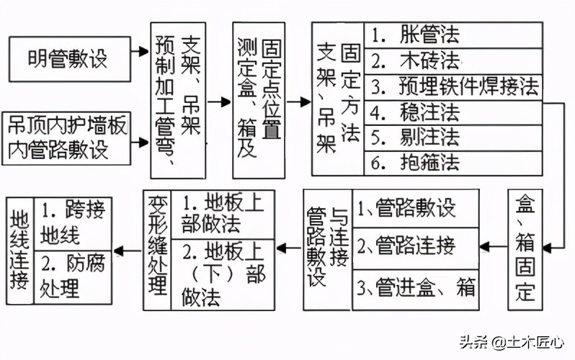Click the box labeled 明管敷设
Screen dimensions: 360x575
(x=68, y=57)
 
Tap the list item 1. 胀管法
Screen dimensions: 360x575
(x=453, y=35)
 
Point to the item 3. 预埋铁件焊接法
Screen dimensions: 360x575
(x=453, y=86)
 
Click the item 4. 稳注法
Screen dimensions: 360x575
(x=453, y=112)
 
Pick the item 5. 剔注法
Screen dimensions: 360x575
(x=453, y=137)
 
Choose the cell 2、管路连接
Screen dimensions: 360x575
(x=416, y=247)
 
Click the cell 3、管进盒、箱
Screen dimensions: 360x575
(x=416, y=288)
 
